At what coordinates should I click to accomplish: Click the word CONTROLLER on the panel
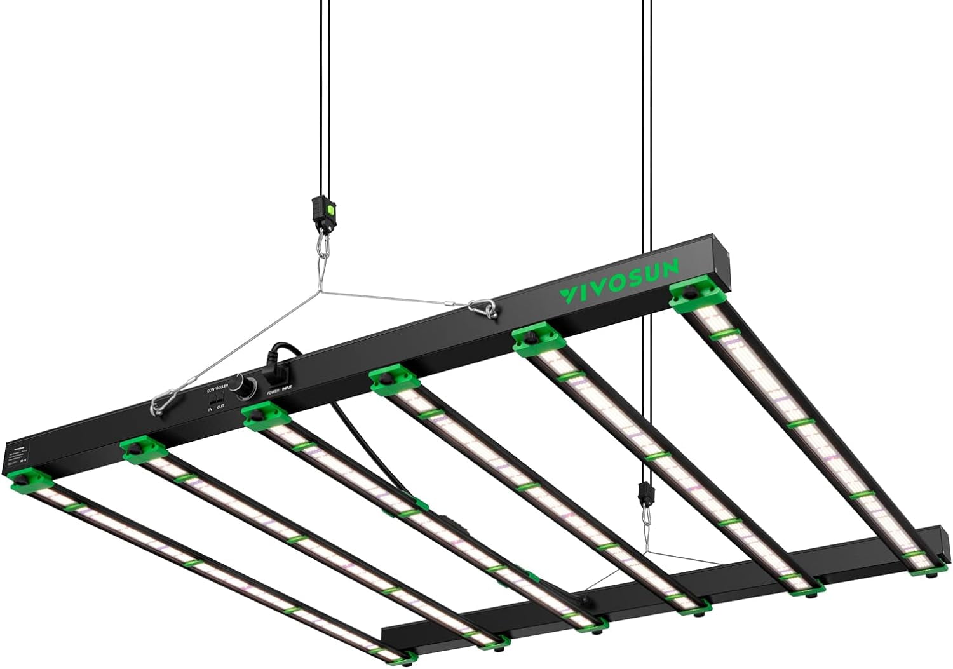point(217,387)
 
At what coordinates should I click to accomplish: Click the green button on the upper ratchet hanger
point(330,206)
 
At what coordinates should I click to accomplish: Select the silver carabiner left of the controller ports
point(160,403)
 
